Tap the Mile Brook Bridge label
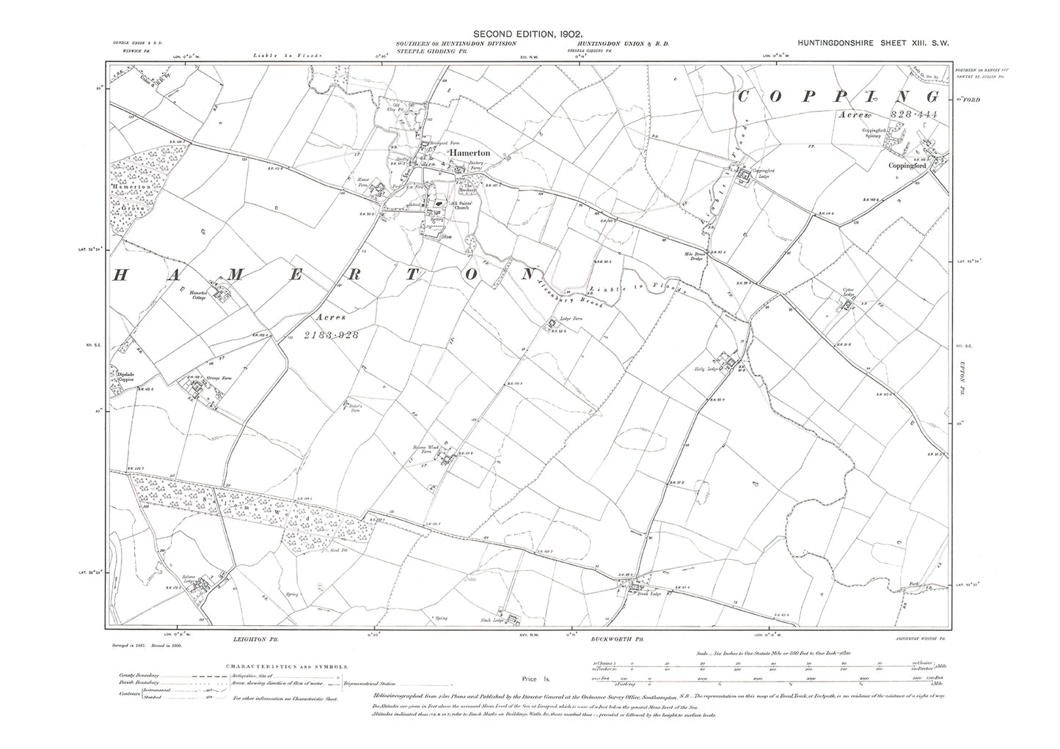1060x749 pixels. click(x=693, y=258)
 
